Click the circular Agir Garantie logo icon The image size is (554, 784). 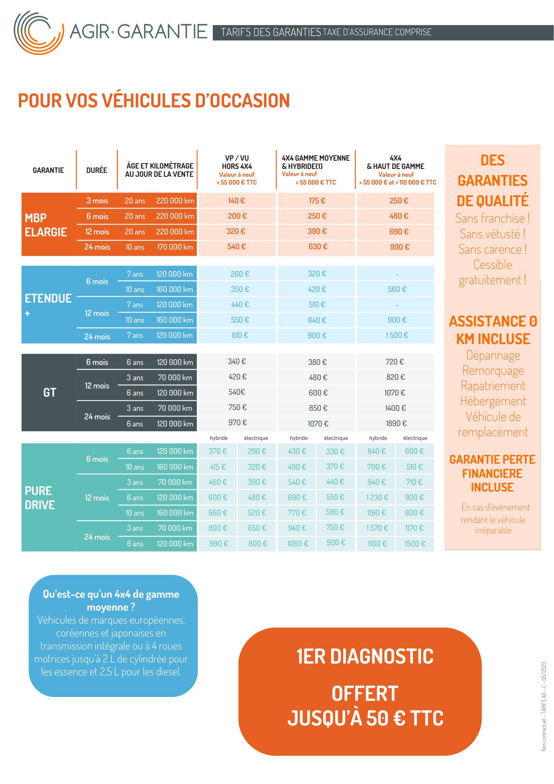click(x=38, y=33)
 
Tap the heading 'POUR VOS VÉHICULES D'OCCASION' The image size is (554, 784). click(x=154, y=101)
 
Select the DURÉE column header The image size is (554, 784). click(x=97, y=170)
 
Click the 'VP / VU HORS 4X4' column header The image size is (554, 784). click(x=237, y=162)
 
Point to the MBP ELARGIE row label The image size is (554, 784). click(x=45, y=225)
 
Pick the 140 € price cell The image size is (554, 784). click(x=236, y=201)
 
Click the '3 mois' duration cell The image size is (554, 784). click(x=97, y=201)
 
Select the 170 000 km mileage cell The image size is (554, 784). click(x=175, y=247)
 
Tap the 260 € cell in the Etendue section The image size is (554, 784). click(x=240, y=274)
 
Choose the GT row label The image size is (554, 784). click(x=50, y=392)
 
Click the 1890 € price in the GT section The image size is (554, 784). click(x=396, y=423)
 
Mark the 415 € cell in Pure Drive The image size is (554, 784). click(x=218, y=467)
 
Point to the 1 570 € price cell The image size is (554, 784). click(x=377, y=528)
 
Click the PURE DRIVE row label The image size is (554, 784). click(x=40, y=498)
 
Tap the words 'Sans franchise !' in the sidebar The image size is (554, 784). click(x=492, y=218)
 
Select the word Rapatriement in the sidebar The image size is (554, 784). click(x=493, y=386)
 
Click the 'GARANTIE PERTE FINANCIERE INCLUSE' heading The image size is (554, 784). click(x=492, y=473)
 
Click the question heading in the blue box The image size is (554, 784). click(x=111, y=601)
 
